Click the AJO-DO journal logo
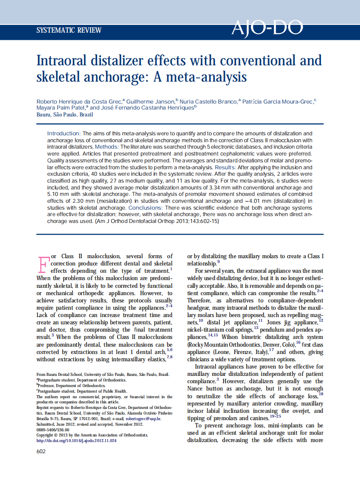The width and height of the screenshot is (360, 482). (x=267, y=29)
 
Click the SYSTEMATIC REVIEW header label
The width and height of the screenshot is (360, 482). (x=69, y=31)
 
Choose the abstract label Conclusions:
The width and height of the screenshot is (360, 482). (x=184, y=207)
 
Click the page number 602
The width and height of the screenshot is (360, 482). (x=41, y=451)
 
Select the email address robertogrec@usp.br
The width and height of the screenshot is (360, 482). (x=145, y=418)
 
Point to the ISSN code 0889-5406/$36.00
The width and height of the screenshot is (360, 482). (x=53, y=429)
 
